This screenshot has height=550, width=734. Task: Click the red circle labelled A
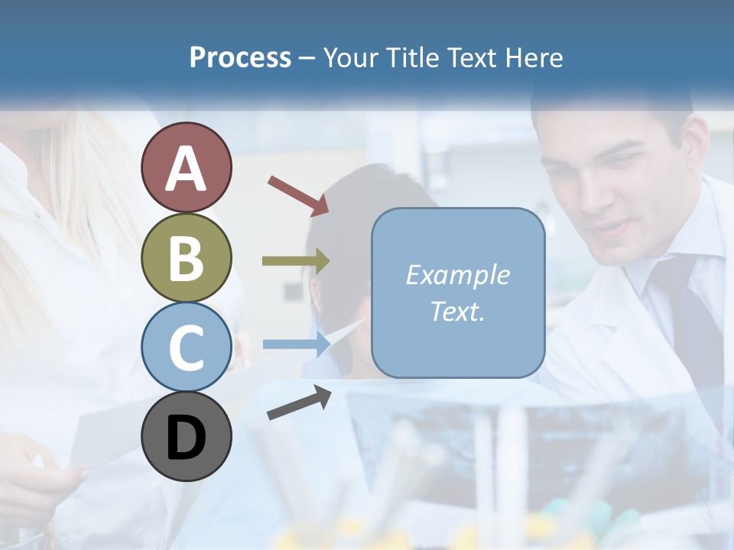click(x=187, y=167)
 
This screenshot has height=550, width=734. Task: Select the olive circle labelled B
click(x=187, y=258)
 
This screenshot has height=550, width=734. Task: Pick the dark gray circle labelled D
click(x=187, y=437)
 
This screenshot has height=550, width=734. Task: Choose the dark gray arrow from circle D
click(x=299, y=403)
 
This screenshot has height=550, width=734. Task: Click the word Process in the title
click(x=240, y=58)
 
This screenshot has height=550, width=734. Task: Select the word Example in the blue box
click(x=457, y=275)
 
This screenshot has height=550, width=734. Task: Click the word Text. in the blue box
click(x=457, y=311)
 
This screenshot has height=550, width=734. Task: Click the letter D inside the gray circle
click(x=187, y=438)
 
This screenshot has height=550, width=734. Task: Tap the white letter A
click(x=187, y=169)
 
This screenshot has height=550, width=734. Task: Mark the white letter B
click(x=187, y=258)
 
